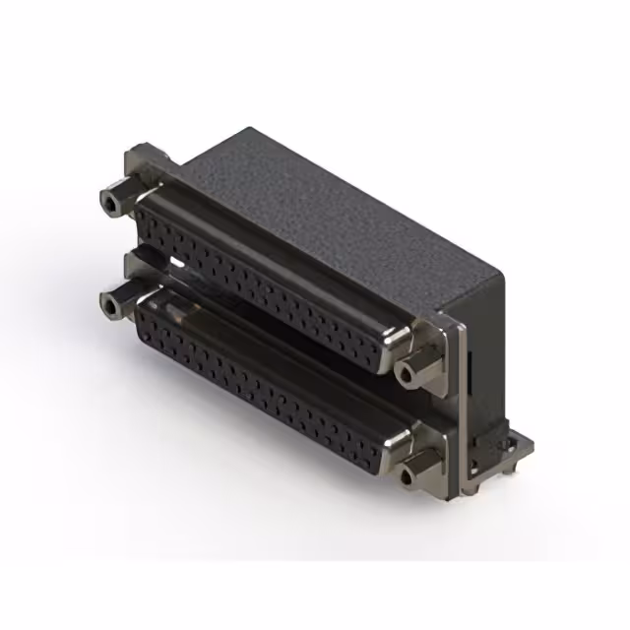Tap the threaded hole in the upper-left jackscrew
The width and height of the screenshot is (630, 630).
coord(108,205)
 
